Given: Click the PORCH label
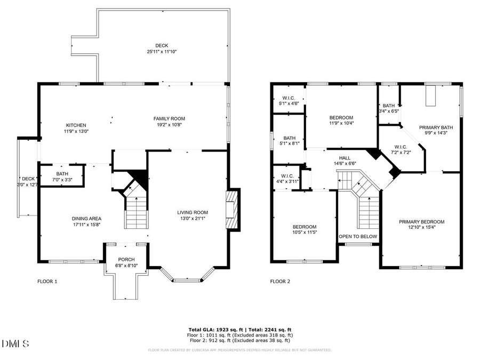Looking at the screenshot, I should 126,260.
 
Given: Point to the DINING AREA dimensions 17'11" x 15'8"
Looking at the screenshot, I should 86,225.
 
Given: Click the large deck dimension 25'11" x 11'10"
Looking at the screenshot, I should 161,52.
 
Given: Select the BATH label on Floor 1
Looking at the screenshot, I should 62,174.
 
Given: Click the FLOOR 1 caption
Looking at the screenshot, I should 47,281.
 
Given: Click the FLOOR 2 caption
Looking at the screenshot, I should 280,281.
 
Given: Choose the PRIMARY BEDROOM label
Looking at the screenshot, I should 421,221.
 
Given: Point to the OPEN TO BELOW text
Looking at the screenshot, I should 358,236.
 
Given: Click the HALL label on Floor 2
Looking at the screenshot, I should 345,158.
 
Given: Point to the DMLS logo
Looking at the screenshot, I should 16,343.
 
